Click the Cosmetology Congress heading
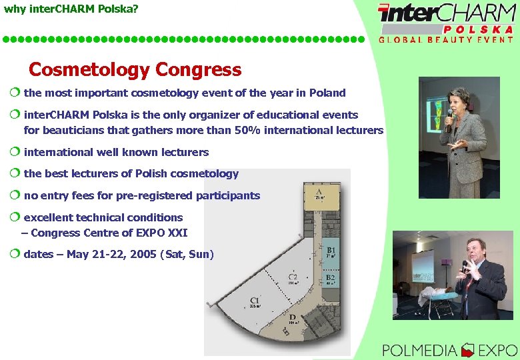135,69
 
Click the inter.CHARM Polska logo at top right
446,17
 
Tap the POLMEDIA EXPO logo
449,349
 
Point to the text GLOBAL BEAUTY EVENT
446,40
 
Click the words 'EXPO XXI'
163,233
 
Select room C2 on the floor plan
292,277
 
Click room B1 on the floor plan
331,251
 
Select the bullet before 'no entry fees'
15,195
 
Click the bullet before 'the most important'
15,93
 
